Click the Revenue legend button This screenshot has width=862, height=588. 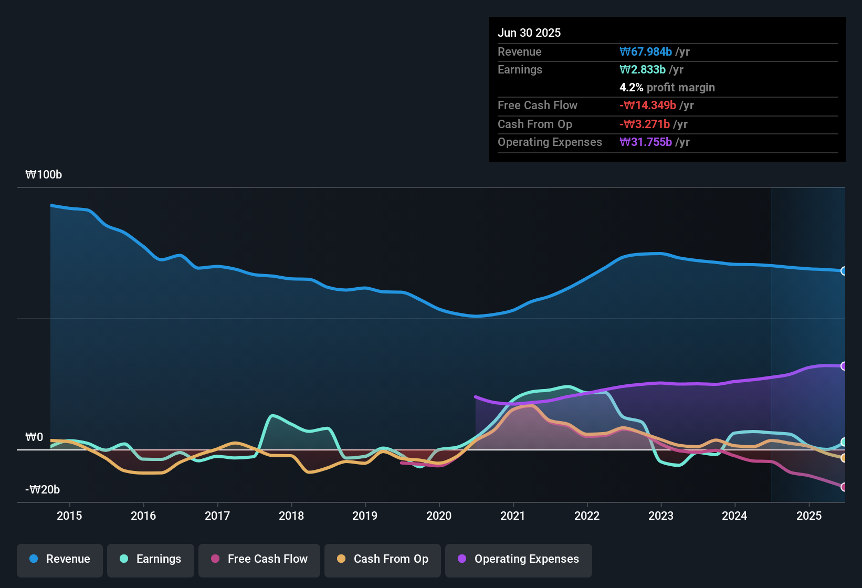[60, 559]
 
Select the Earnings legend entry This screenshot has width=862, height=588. [151, 559]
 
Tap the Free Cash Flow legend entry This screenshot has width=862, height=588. [259, 559]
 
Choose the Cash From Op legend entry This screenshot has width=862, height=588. [383, 559]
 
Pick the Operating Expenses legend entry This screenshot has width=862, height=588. [519, 559]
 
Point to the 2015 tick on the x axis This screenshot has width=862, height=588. [69, 516]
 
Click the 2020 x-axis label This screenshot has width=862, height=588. [439, 516]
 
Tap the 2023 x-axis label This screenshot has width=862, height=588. [661, 516]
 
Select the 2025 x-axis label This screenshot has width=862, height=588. [809, 516]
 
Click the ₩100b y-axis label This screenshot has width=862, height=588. [44, 175]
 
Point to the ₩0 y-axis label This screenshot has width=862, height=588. [34, 437]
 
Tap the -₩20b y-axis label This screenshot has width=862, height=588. [43, 490]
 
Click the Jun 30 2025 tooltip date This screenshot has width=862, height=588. [529, 33]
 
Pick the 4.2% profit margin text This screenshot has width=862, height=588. [667, 87]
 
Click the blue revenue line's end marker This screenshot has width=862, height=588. [844, 271]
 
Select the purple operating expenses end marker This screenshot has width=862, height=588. [844, 366]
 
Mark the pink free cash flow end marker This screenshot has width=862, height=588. [844, 487]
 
